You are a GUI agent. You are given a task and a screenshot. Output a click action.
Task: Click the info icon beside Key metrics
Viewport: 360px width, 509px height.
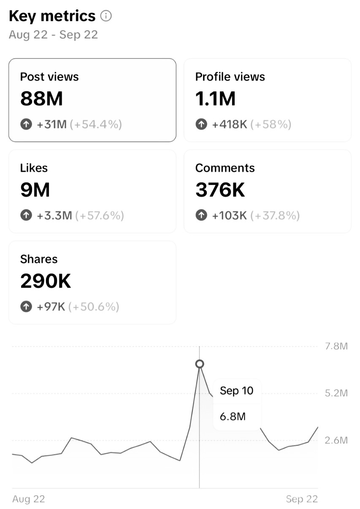[106, 16]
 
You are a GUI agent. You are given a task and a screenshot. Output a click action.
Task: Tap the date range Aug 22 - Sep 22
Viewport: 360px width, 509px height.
[53, 35]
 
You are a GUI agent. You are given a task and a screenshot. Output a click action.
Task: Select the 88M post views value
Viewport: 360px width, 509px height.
[41, 99]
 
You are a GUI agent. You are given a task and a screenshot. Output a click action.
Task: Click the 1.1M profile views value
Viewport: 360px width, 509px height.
[215, 99]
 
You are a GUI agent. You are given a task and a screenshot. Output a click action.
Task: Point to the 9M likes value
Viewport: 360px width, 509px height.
[35, 190]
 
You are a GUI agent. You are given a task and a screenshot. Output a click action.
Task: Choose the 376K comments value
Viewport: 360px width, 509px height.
[220, 190]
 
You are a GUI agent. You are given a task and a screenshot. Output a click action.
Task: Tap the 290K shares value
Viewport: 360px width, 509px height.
[46, 281]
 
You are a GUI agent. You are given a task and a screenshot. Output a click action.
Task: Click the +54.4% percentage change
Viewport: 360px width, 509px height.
[96, 125]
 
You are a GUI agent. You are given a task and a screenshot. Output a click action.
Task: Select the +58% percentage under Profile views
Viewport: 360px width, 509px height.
[271, 125]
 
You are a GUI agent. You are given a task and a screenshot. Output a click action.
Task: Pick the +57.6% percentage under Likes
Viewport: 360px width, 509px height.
[100, 216]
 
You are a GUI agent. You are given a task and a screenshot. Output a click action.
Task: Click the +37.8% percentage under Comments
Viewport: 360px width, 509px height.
[275, 216]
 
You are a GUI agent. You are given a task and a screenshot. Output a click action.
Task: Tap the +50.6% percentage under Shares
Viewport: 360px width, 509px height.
[94, 307]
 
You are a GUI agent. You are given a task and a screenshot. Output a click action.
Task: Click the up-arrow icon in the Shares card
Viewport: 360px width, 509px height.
[26, 307]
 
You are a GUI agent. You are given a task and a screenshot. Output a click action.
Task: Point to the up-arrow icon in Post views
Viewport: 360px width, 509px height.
[26, 125]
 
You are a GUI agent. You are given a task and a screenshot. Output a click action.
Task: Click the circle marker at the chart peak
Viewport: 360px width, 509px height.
[200, 364]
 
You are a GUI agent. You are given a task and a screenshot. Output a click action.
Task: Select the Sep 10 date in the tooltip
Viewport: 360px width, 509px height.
[236, 391]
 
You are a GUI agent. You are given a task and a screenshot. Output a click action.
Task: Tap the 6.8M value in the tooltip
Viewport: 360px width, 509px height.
[233, 417]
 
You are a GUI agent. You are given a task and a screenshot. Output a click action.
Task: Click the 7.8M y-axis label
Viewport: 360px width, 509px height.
[336, 347]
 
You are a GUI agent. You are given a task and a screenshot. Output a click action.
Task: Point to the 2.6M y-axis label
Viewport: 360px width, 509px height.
[336, 441]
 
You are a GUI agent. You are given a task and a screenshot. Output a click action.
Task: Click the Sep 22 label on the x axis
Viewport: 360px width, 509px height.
[301, 499]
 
